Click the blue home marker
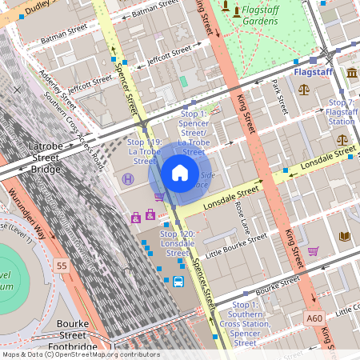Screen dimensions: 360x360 coord(180,172)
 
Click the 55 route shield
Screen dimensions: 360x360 coord(61,264)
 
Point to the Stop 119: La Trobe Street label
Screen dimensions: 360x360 coord(145,151)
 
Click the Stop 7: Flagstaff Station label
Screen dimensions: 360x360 coord(342,112)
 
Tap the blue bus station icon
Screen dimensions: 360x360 coord(178,282)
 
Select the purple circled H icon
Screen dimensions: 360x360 coord(128,180)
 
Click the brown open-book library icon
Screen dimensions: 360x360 coord(345,236)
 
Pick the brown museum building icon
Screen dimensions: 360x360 coord(353,74)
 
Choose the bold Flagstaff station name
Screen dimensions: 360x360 coord(314,72)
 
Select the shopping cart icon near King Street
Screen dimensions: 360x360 coord(313,251)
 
